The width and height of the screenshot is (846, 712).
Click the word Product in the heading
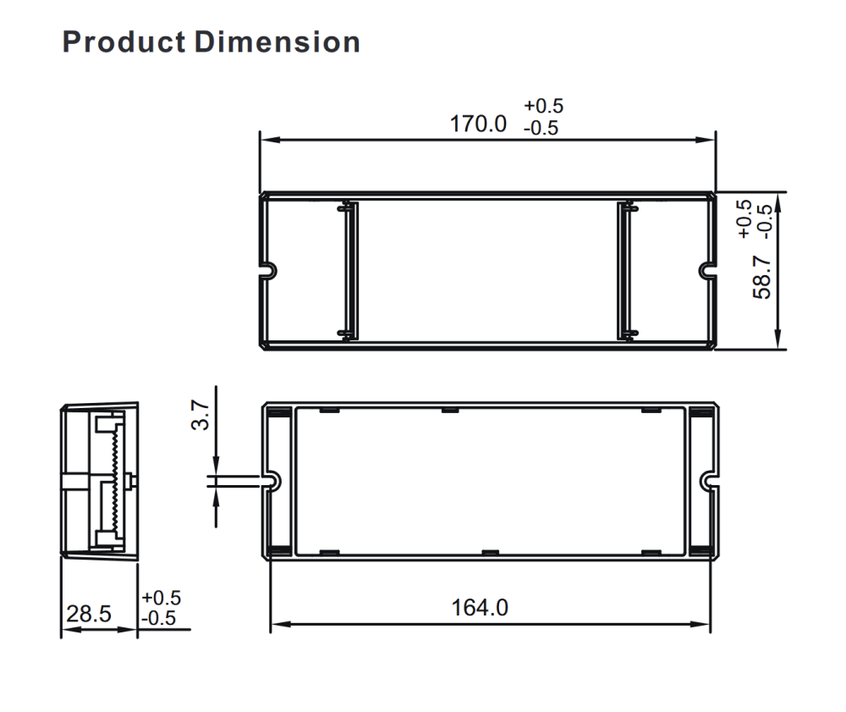[124, 42]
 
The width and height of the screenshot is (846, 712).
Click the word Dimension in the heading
[277, 42]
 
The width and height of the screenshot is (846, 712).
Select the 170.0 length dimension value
[478, 124]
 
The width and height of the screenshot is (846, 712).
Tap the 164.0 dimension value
[480, 607]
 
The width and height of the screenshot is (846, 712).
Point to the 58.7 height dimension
[762, 278]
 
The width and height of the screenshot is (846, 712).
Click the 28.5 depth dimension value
[89, 614]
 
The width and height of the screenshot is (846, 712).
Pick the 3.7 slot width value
[201, 415]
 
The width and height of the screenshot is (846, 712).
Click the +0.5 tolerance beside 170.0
[543, 106]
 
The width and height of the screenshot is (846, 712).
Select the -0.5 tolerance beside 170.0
[541, 128]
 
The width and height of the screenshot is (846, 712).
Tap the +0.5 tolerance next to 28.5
[161, 598]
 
